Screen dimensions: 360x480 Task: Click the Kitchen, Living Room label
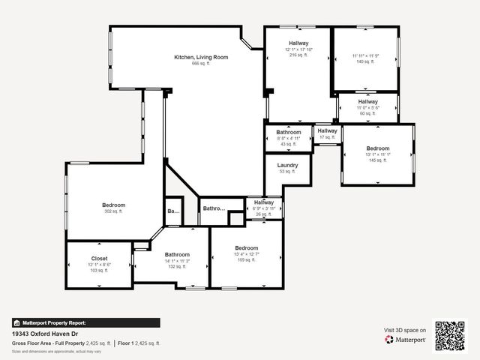pyautogui.click(x=201, y=57)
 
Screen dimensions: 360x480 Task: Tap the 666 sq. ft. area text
pyautogui.click(x=201, y=64)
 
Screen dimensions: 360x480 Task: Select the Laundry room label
pyautogui.click(x=287, y=165)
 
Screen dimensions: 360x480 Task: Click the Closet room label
pyautogui.click(x=99, y=258)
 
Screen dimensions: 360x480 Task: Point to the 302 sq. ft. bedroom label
pyautogui.click(x=114, y=205)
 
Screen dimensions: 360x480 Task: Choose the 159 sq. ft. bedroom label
pyautogui.click(x=246, y=248)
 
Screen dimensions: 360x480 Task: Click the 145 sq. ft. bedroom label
pyautogui.click(x=377, y=148)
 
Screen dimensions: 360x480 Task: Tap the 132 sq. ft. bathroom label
pyautogui.click(x=177, y=254)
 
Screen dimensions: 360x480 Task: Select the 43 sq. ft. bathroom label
pyautogui.click(x=289, y=133)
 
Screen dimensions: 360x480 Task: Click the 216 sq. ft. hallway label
pyautogui.click(x=298, y=44)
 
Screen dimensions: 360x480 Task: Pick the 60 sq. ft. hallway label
pyautogui.click(x=367, y=101)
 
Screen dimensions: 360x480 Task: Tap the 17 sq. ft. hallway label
pyautogui.click(x=327, y=131)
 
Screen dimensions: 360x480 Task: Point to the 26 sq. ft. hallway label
pyautogui.click(x=264, y=202)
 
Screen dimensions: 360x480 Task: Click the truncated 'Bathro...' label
pyautogui.click(x=214, y=208)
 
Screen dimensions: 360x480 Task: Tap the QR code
pyautogui.click(x=450, y=334)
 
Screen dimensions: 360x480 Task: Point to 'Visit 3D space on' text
pyautogui.click(x=405, y=330)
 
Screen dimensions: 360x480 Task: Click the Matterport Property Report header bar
pyautogui.click(x=85, y=322)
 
